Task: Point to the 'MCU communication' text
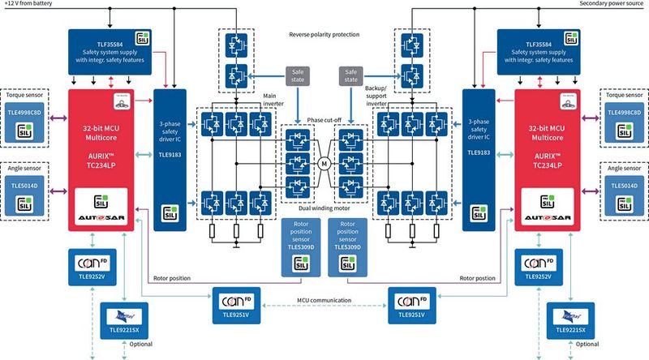tap(325, 301)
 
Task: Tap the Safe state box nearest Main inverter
tap(295, 76)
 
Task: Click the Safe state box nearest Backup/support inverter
tap(353, 76)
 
